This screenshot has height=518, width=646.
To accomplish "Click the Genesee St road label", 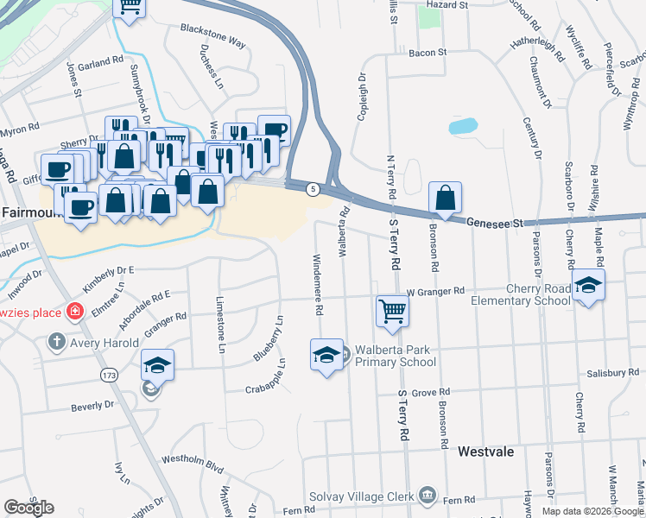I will (497, 223).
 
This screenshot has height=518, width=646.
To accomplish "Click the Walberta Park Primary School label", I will (396, 356).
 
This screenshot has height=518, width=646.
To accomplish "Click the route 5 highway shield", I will (313, 188).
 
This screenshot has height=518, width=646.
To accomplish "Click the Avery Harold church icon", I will (58, 343).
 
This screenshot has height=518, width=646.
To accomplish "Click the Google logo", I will (28, 508).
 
